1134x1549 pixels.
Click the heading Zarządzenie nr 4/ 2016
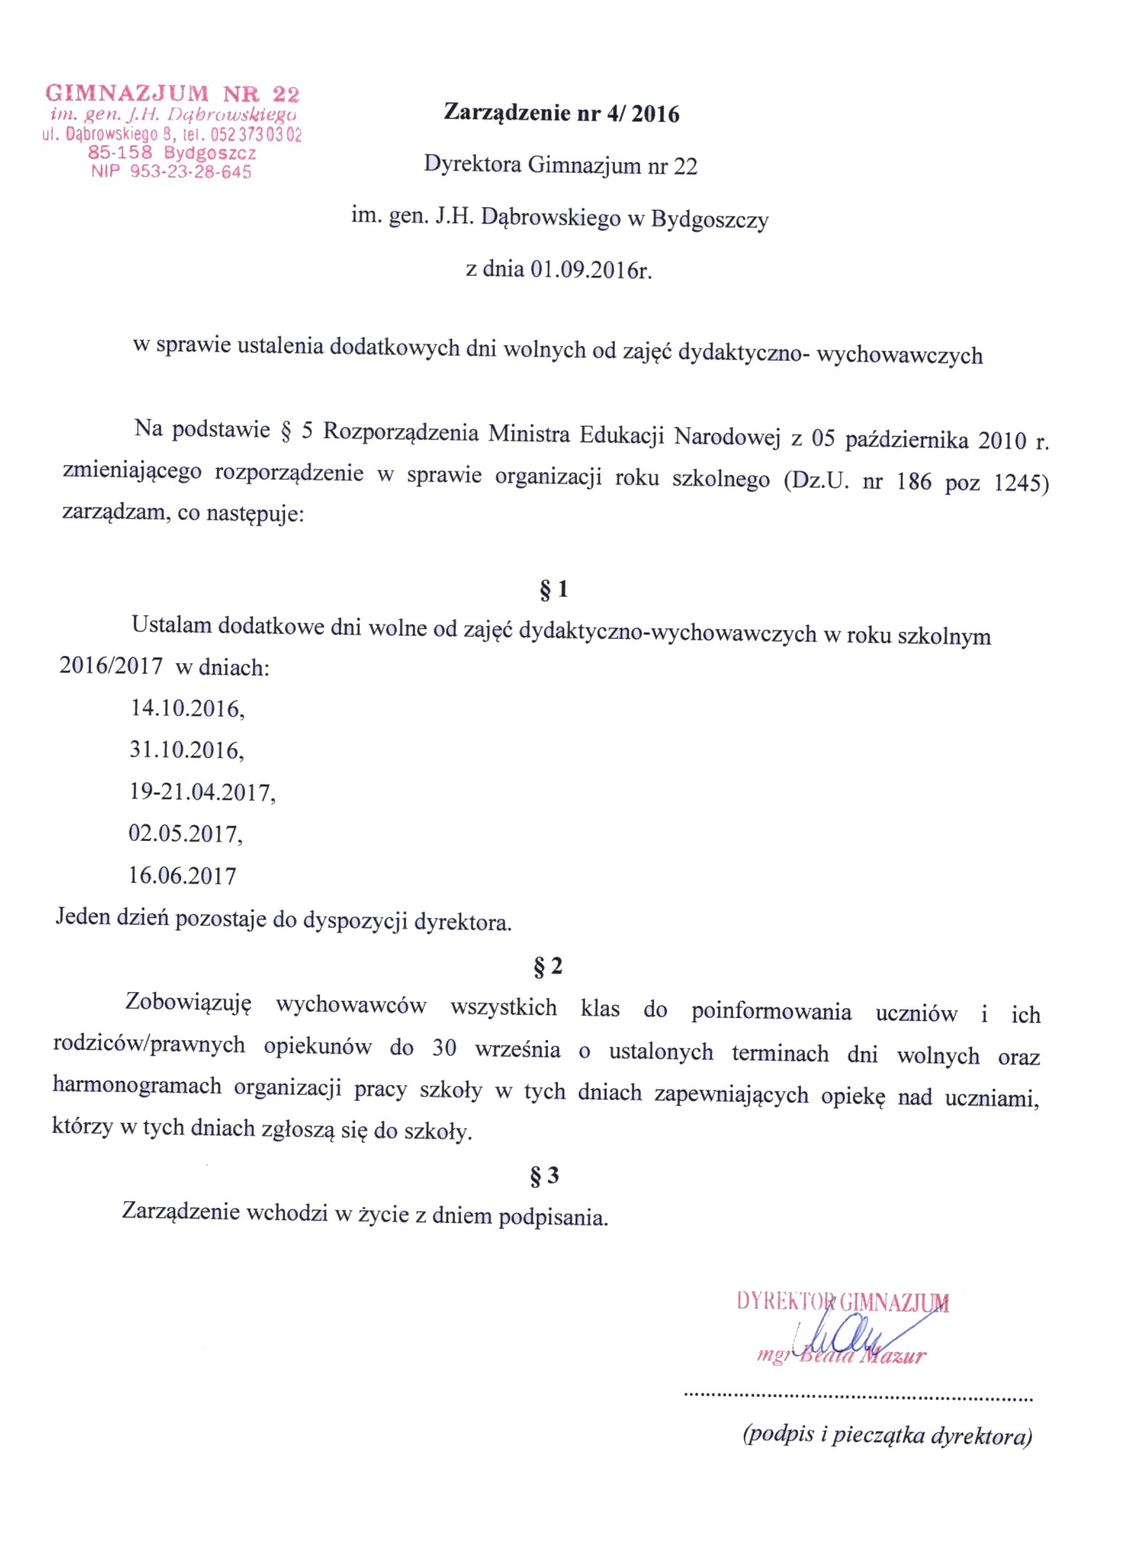click(x=561, y=113)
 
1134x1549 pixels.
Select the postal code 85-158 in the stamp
click(x=120, y=153)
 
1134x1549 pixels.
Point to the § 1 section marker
click(x=553, y=589)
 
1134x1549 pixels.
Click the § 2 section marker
click(x=547, y=967)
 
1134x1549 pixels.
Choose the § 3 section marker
click(x=544, y=1175)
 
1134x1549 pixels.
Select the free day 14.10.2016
click(x=187, y=709)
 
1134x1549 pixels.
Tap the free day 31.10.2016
click(x=186, y=750)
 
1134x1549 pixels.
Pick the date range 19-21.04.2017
click(x=202, y=792)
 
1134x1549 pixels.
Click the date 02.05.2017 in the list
click(x=184, y=834)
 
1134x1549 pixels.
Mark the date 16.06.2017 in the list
click(x=182, y=876)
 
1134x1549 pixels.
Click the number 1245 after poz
click(x=1021, y=483)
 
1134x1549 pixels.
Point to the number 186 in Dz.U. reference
click(x=913, y=481)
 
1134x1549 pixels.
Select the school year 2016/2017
click(x=111, y=666)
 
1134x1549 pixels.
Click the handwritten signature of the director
click(x=849, y=1335)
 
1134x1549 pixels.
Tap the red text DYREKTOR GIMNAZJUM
click(x=842, y=1301)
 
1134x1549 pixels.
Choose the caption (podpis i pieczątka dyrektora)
click(x=887, y=1435)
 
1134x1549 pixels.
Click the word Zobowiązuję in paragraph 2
click(x=188, y=1003)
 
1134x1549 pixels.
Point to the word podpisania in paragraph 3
click(x=552, y=1217)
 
